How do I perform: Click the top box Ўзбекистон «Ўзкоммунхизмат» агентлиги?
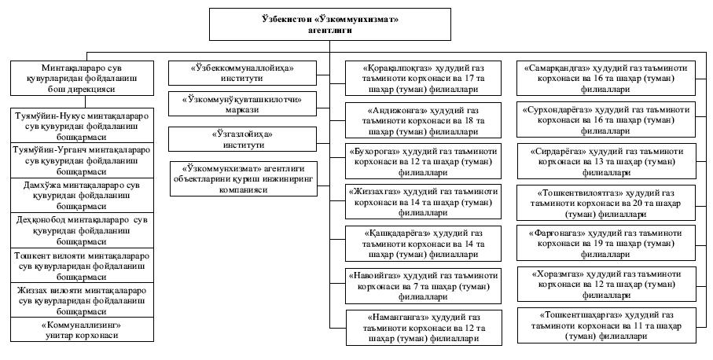pos(329,24)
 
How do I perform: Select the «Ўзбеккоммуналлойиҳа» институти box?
pos(242,73)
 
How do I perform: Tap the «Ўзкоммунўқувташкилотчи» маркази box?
pos(242,104)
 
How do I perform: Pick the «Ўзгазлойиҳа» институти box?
pos(242,139)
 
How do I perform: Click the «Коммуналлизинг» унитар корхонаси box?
pos(82,330)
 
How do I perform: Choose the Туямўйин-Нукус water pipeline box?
pos(82,126)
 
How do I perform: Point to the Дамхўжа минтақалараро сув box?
pos(82,196)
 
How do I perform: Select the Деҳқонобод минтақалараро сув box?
pos(82,230)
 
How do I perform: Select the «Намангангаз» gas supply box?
pos(424,328)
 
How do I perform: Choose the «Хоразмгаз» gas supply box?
pos(607,285)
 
